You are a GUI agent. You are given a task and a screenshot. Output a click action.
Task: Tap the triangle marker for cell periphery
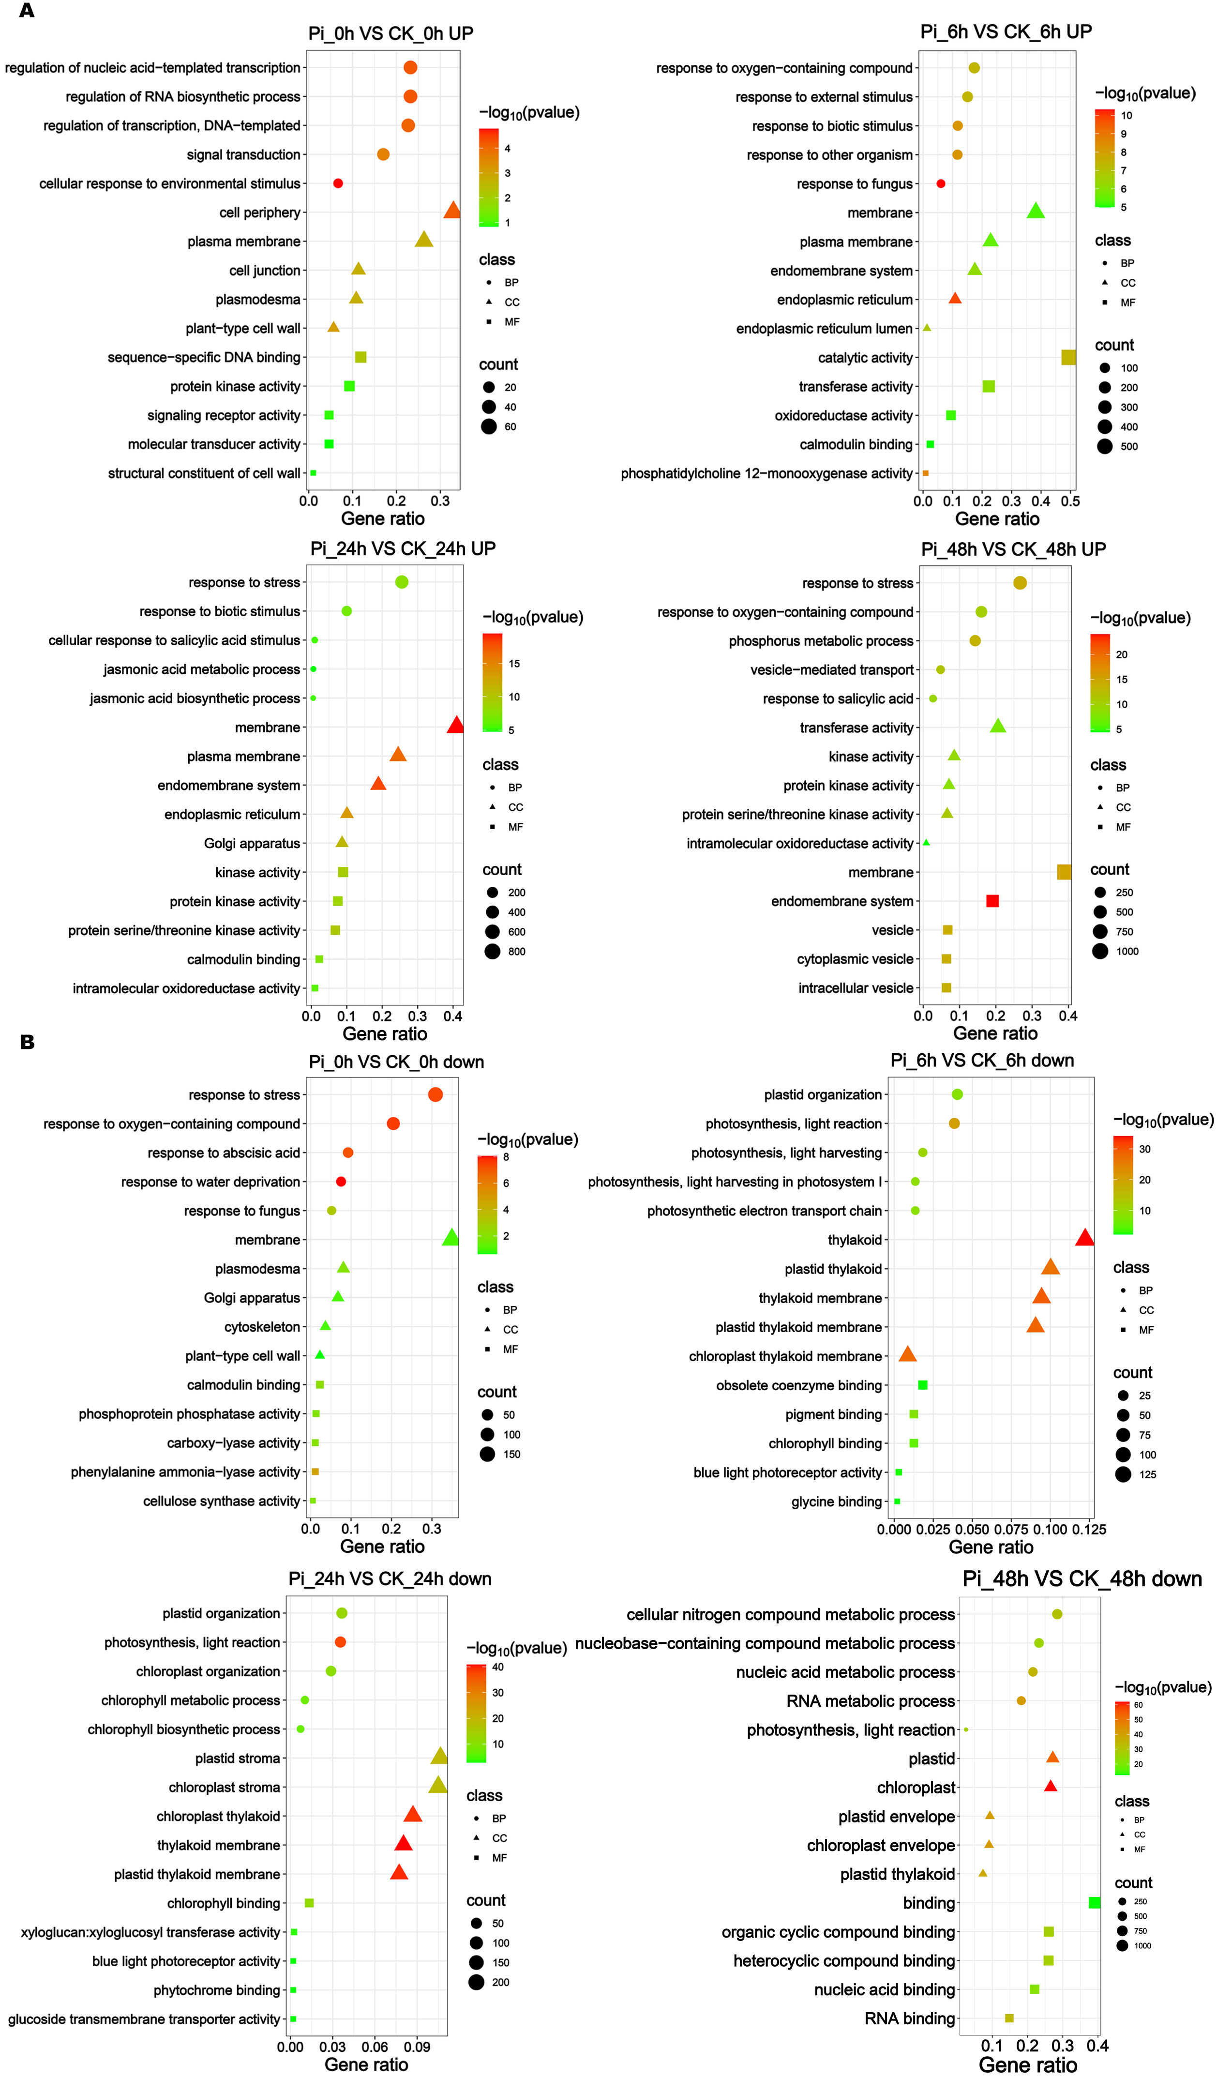coord(452,211)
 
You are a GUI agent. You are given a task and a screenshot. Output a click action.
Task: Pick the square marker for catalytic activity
coord(1068,357)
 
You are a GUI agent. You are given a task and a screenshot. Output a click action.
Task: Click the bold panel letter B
coord(27,1042)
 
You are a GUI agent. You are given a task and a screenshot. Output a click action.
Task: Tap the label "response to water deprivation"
coord(210,1182)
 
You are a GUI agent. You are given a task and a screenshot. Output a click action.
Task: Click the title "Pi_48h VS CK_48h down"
coord(1082,1579)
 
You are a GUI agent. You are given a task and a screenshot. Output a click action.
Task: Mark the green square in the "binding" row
coord(1094,1902)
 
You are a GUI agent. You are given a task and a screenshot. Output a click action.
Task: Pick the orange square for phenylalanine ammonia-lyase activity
coord(315,1472)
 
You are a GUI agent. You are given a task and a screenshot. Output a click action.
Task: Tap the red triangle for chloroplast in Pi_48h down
coord(1051,1786)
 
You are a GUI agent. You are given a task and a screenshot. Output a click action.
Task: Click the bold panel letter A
coord(27,12)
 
